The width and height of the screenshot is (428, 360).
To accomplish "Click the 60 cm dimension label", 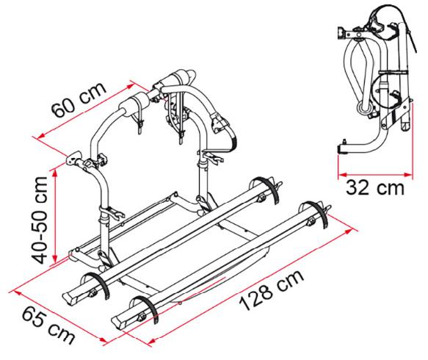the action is coord(79,99).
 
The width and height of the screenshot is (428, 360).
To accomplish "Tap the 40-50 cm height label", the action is coord(39,220).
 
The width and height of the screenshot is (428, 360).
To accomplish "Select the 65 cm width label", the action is coord(48,325).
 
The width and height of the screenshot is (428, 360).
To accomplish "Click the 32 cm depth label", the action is coord(375,187).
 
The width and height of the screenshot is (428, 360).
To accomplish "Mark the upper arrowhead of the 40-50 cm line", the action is coord(55,173).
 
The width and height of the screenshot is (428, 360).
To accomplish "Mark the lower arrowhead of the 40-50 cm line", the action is coord(55,258).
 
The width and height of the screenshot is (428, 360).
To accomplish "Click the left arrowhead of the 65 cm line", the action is coord(17,292).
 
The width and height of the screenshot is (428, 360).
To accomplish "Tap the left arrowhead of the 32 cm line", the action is coord(342,174).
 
